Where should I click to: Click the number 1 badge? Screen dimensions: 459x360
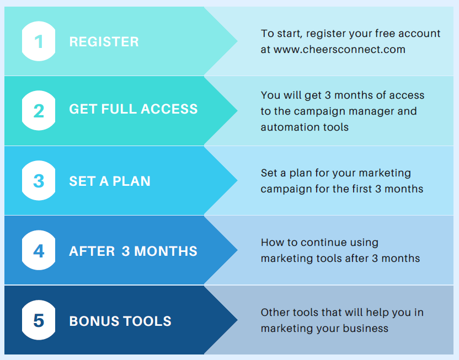[x=39, y=41]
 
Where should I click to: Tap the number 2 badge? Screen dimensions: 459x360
[x=39, y=111]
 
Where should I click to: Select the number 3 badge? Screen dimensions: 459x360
[x=39, y=180]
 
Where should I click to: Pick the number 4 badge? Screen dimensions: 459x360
[x=39, y=250]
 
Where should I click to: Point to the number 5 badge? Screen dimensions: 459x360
[x=39, y=320]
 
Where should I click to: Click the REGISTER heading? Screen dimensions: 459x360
[x=104, y=41]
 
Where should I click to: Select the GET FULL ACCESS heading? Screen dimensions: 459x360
[x=133, y=109]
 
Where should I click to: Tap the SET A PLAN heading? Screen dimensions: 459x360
[x=110, y=181]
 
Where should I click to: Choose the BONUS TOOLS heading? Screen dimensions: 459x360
[x=120, y=321]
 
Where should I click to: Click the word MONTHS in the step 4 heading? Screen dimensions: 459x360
[x=166, y=251]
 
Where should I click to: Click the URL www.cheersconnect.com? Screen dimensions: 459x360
[x=339, y=50]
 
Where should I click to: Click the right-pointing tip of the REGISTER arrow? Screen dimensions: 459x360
[x=237, y=41]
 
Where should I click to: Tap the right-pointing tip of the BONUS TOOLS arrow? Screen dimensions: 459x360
[x=237, y=320]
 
